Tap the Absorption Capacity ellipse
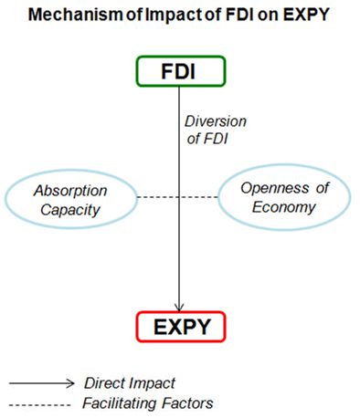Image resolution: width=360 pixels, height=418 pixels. (x=70, y=171)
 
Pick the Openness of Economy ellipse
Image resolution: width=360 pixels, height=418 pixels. (x=284, y=165)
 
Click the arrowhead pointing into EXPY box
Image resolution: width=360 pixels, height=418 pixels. (x=179, y=308)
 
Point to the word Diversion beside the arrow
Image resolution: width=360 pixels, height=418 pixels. (x=216, y=121)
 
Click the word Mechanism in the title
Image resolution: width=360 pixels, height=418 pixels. (x=76, y=15)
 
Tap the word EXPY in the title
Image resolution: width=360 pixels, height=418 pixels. (x=306, y=15)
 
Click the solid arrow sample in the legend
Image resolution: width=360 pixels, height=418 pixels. (x=41, y=383)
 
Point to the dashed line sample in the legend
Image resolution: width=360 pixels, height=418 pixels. (x=39, y=404)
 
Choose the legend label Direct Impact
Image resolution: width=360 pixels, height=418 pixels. (x=130, y=383)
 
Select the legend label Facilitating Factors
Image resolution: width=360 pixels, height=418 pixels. (x=148, y=403)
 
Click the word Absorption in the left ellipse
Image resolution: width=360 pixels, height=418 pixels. (x=70, y=191)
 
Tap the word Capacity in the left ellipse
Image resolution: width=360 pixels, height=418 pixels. (x=70, y=210)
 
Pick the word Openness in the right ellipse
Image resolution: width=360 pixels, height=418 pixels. (x=275, y=188)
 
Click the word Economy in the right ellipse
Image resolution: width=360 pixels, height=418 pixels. (x=284, y=207)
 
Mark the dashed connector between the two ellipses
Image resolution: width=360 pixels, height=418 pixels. (x=178, y=197)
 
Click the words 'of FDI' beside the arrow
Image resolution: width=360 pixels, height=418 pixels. (x=207, y=139)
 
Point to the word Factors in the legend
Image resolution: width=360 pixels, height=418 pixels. (x=187, y=403)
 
